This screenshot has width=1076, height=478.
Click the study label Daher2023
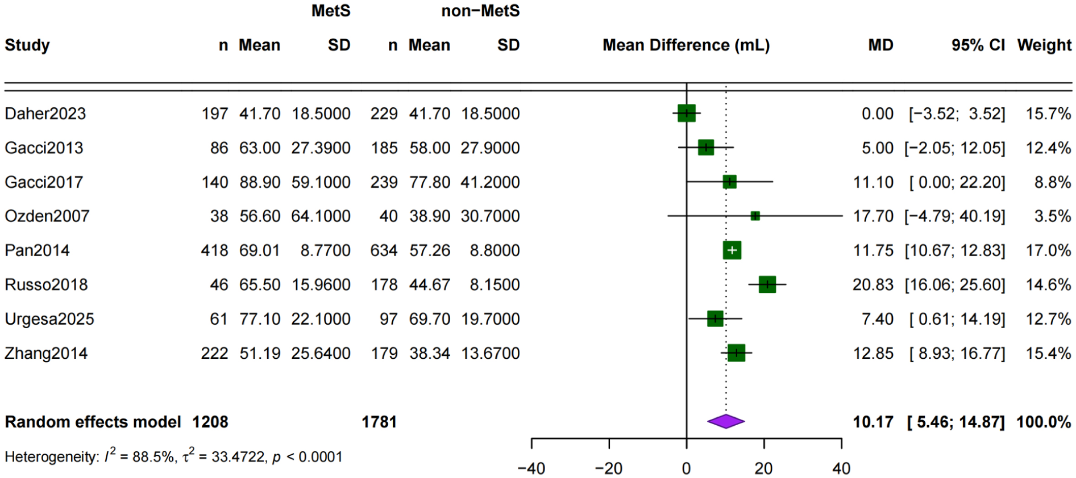(45, 114)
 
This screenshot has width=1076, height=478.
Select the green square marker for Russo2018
(767, 284)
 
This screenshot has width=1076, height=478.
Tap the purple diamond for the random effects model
(726, 422)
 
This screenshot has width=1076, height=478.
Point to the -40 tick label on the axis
(531, 468)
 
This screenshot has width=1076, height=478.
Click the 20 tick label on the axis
(763, 468)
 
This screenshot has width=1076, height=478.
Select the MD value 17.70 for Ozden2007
(873, 216)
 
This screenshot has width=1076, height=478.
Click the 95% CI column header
(978, 45)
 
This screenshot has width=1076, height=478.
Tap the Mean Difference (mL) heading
(686, 45)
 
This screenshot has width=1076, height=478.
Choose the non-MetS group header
(480, 11)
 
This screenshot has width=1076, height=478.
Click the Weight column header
(1044, 45)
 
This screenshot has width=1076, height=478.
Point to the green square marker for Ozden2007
(755, 216)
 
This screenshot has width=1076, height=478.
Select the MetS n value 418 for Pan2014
(214, 250)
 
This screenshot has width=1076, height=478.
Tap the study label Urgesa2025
(49, 319)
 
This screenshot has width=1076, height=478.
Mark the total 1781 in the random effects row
(379, 422)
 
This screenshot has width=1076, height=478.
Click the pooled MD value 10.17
(873, 422)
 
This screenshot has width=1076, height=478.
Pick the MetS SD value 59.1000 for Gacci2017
(321, 182)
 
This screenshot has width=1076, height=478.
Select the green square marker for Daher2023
(687, 114)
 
